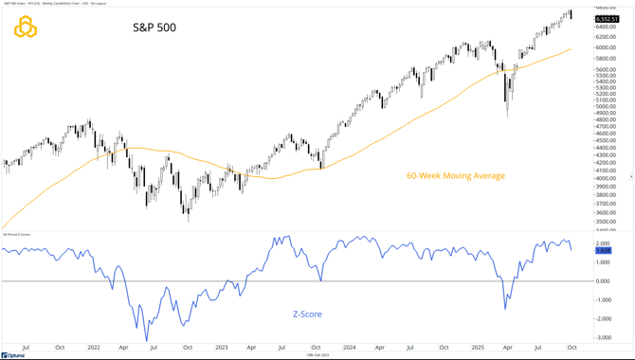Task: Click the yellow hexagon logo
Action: (x=26, y=27)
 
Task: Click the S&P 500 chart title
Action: (x=154, y=27)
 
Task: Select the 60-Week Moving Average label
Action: (x=455, y=175)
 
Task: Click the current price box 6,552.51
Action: (x=608, y=19)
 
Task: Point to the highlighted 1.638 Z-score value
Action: (x=604, y=250)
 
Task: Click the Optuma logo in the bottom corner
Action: (x=13, y=355)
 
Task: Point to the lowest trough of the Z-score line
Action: (x=146, y=340)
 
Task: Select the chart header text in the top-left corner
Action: (x=57, y=4)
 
